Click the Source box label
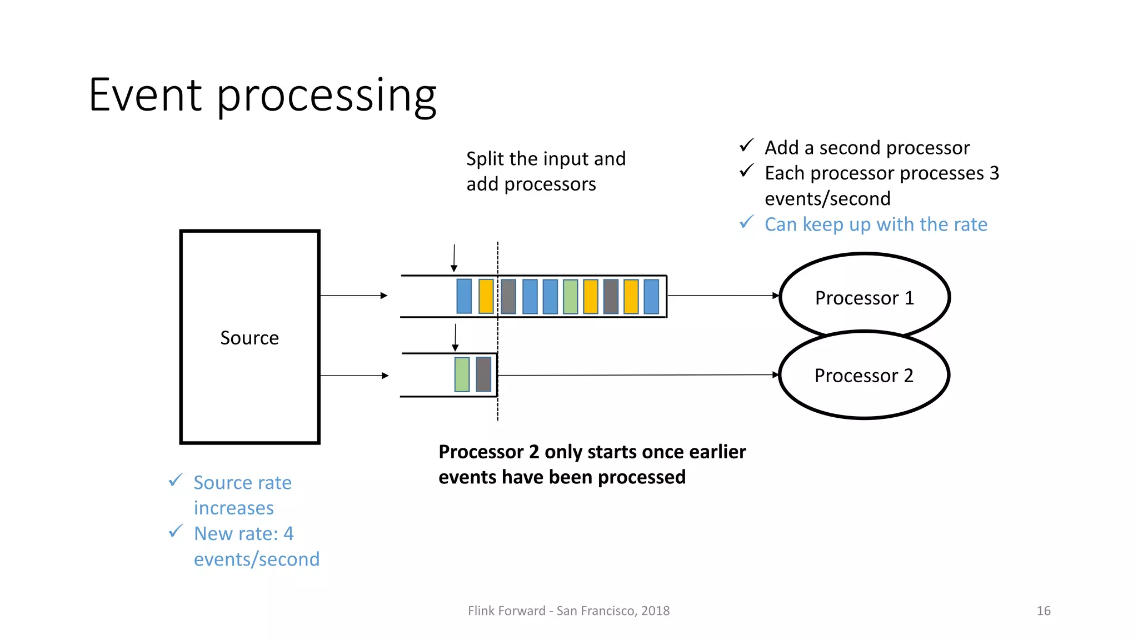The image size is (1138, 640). click(x=249, y=338)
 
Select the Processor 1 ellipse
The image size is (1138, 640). click(x=864, y=298)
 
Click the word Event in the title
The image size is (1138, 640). click(x=145, y=95)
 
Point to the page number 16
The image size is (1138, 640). click(x=1043, y=611)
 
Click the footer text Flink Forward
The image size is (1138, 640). click(x=506, y=611)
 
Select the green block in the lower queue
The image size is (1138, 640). click(x=462, y=374)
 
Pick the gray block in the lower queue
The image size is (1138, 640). click(x=484, y=374)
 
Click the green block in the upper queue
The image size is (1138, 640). click(x=570, y=297)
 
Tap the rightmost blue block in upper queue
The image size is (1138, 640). click(x=651, y=297)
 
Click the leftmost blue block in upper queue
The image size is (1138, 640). click(x=464, y=297)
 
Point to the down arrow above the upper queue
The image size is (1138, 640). click(x=454, y=258)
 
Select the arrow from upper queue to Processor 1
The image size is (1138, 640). click(x=722, y=296)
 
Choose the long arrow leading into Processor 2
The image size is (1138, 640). click(x=639, y=375)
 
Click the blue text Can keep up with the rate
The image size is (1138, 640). click(x=876, y=224)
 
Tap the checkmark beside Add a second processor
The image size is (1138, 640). click(x=746, y=146)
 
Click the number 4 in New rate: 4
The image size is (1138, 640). click(x=288, y=534)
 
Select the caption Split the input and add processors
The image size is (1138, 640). click(x=546, y=171)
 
